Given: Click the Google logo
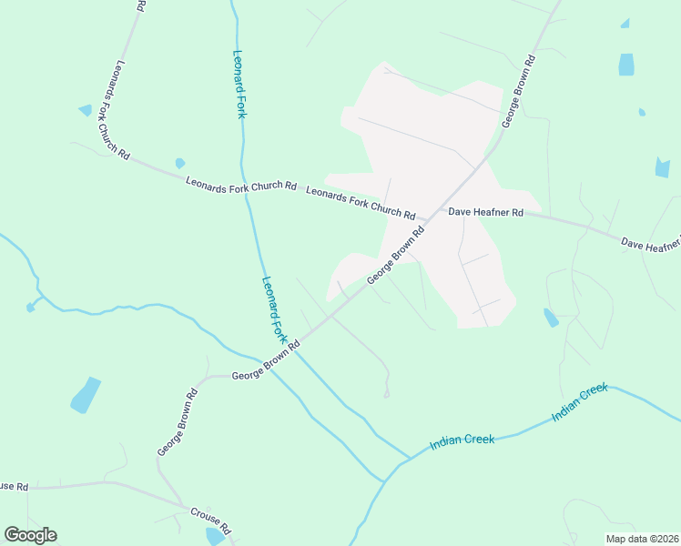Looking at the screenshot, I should point(30,535).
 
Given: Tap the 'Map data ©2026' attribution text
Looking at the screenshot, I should point(642,539).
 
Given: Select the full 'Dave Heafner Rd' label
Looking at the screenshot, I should point(485,212).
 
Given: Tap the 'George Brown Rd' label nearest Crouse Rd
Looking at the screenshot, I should point(178,423).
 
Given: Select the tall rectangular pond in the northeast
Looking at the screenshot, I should point(626,65).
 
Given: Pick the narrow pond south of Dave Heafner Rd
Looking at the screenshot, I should point(551,318).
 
